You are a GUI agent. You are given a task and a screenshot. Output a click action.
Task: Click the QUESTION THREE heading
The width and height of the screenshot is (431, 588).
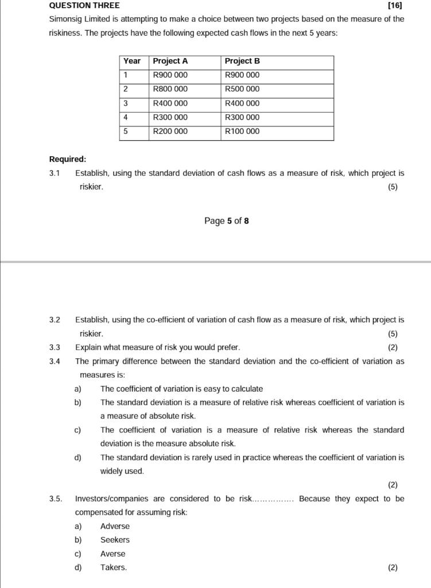[x=84, y=6]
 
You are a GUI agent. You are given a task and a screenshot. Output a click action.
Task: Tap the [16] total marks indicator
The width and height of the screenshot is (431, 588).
[x=395, y=6]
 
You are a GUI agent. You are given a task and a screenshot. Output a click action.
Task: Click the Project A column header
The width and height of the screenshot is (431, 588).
[x=170, y=61]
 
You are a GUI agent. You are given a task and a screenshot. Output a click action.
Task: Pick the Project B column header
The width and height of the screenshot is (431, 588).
[x=242, y=61]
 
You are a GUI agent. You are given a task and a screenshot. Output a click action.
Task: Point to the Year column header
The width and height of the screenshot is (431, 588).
[x=132, y=61]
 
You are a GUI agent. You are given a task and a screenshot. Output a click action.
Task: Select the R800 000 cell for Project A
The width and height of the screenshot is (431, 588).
[x=170, y=89]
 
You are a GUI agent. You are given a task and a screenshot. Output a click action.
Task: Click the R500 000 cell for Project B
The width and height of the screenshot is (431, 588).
[x=242, y=89]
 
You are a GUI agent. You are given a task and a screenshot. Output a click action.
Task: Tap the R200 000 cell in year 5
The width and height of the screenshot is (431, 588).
[x=170, y=131]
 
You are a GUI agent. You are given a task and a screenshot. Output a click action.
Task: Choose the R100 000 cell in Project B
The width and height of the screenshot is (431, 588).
[x=242, y=131]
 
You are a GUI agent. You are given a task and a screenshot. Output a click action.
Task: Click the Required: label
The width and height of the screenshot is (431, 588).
[x=68, y=159]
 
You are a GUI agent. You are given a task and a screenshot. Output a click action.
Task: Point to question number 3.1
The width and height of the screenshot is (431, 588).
[x=55, y=173]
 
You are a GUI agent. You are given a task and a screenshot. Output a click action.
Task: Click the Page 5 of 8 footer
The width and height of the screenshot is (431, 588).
[x=226, y=221]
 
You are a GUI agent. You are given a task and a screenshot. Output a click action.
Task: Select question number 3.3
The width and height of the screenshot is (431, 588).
[x=55, y=347]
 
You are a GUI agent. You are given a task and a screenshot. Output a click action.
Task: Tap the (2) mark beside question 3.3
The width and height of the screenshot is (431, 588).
[x=393, y=347]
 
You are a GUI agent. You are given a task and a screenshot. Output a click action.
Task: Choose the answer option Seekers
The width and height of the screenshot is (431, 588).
[x=115, y=540]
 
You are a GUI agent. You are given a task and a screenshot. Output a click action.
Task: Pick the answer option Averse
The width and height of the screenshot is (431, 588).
[x=112, y=554]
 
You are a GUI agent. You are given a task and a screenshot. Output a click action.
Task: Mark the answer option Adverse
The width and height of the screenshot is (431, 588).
[x=115, y=526]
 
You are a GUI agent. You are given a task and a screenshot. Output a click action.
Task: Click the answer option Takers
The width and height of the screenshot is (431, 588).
[x=114, y=568]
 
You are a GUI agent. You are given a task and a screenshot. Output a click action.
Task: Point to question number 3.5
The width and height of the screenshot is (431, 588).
[x=56, y=498]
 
